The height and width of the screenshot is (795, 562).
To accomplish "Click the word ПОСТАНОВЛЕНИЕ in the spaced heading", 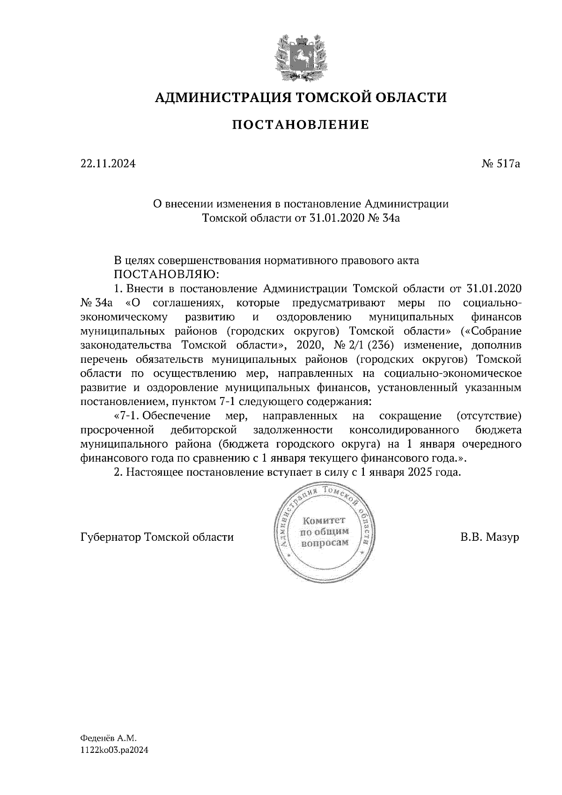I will tap(301, 125).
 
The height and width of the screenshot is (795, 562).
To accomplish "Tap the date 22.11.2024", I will tap(108, 164).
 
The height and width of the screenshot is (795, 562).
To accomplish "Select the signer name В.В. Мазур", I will tap(490, 537).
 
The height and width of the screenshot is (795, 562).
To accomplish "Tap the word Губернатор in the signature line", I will tap(111, 537).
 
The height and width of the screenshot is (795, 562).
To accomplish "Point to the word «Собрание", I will tap(491, 331).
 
